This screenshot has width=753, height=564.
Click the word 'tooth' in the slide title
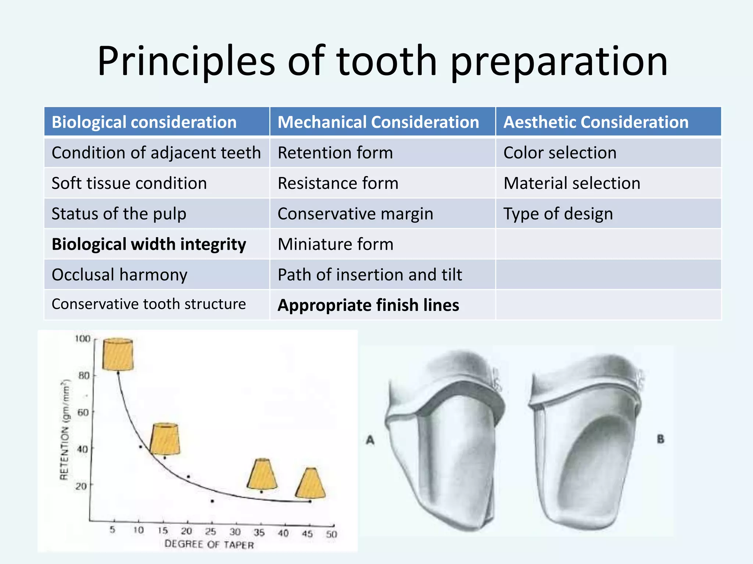click(x=386, y=61)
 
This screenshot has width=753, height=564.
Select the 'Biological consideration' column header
click(x=144, y=122)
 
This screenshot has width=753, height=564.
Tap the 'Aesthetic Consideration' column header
click(x=596, y=122)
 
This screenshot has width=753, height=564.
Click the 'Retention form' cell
click(x=335, y=152)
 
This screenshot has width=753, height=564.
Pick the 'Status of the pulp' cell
click(x=119, y=214)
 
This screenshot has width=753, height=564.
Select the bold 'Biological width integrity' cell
click(x=149, y=244)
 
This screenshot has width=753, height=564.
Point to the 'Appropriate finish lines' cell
click(x=368, y=305)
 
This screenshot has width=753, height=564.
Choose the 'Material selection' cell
click(x=572, y=183)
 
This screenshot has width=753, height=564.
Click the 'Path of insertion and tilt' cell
click(x=370, y=275)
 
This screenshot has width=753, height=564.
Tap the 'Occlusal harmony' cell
click(x=119, y=275)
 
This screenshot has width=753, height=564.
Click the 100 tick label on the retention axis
click(x=83, y=339)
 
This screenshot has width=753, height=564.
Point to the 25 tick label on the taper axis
click(x=210, y=531)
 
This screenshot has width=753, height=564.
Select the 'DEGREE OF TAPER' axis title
click(x=209, y=544)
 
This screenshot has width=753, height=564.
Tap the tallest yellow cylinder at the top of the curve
click(x=118, y=354)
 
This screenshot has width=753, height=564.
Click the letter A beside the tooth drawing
click(x=370, y=440)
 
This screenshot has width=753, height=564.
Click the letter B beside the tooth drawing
click(x=660, y=439)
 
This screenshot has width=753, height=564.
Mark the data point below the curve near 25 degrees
click(x=213, y=501)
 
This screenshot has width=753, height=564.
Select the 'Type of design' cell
click(x=558, y=214)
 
